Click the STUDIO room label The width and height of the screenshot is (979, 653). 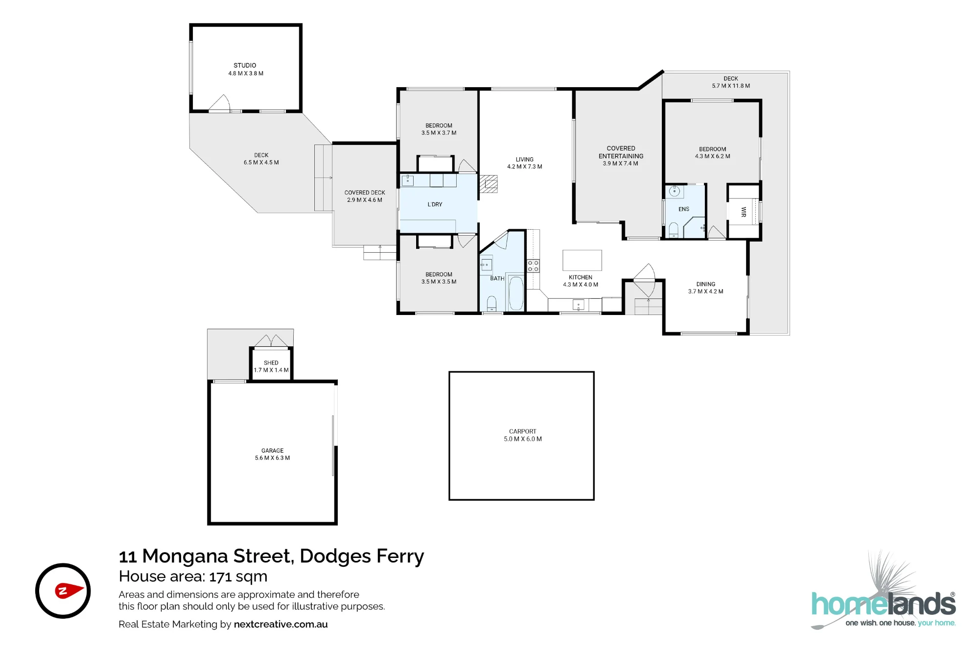click(x=245, y=65)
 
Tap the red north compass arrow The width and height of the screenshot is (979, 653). click(x=69, y=590)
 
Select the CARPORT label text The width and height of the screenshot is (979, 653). click(x=522, y=432)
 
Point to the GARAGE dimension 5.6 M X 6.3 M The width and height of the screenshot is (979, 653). click(x=272, y=458)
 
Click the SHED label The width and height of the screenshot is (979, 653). click(x=271, y=363)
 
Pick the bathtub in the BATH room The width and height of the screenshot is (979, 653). click(x=516, y=292)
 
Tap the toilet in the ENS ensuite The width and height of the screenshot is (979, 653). click(x=674, y=230)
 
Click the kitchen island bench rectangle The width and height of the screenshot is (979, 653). click(x=582, y=260)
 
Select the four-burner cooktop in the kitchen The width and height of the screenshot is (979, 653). click(x=533, y=266)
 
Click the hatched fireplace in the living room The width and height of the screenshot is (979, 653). click(x=489, y=184)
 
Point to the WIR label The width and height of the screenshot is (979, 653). click(x=744, y=212)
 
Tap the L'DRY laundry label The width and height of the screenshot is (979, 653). click(x=435, y=204)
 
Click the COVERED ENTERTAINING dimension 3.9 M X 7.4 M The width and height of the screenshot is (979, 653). click(x=620, y=164)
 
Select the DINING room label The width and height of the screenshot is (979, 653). click(x=706, y=284)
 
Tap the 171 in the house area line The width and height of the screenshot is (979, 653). click(x=220, y=577)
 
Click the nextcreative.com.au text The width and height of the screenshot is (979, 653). click(x=280, y=625)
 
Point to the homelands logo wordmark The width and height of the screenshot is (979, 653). click(x=884, y=604)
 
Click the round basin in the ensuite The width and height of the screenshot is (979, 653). click(x=675, y=192)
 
